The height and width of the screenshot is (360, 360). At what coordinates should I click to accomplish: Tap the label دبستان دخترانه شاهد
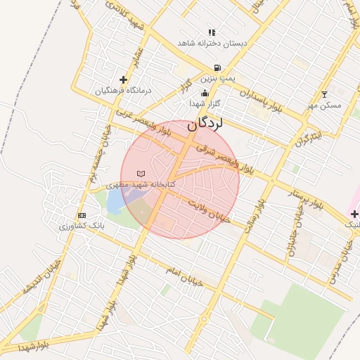[x=213, y=44]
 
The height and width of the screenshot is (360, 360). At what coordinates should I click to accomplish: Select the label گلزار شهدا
[x=205, y=103]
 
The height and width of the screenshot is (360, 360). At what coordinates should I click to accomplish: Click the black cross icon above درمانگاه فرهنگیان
[x=124, y=79]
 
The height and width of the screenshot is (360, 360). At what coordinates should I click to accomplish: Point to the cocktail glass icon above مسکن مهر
[x=324, y=94]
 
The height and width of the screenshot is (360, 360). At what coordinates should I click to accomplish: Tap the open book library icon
[x=141, y=174]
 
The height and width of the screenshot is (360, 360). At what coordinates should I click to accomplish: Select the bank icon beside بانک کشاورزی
[x=82, y=215]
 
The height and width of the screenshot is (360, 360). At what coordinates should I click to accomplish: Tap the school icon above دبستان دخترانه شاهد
[x=212, y=32]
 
